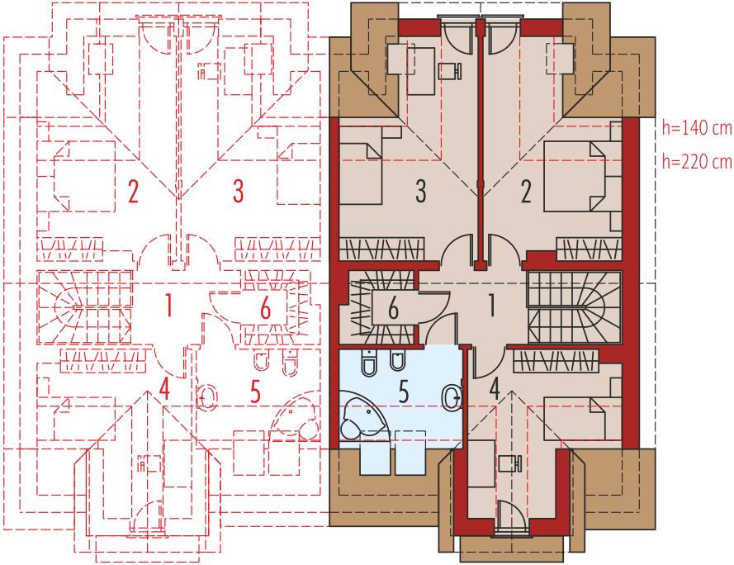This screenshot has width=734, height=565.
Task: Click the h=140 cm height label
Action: coord(697,127)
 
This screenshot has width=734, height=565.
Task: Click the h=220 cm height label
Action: coord(697,162)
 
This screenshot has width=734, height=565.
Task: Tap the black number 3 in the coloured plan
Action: coord(421,191)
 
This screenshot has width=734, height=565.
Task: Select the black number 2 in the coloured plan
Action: coord(526,191)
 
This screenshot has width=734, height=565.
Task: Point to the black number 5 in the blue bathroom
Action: coord(404,392)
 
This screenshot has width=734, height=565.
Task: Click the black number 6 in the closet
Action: coord(393,308)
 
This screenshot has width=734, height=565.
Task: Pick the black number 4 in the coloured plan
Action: coord(495,388)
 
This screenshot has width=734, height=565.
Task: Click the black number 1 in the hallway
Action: coord(491,306)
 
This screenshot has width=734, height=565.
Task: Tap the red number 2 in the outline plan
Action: coord(134,191)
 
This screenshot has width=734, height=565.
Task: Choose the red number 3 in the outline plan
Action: coord(239,191)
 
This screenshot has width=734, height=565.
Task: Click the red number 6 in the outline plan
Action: coord(265,308)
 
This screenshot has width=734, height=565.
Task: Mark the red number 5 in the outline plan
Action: coord(255,392)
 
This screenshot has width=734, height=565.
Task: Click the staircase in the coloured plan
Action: coord(575,307)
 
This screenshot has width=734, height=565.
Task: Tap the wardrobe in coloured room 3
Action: coord(381,249)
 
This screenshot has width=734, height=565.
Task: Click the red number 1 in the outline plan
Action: coord(168,306)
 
